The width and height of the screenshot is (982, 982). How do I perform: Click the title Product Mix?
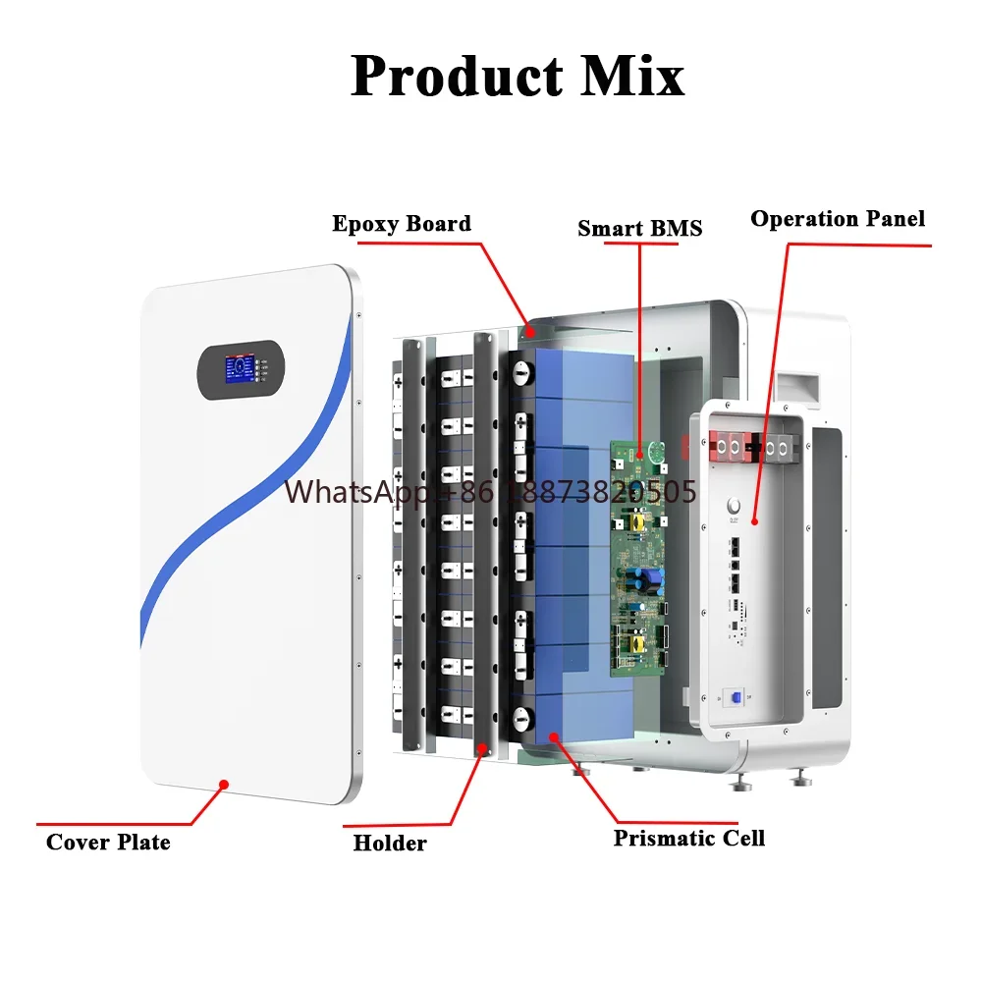tap(518, 76)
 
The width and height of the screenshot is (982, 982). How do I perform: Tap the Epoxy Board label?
tap(402, 224)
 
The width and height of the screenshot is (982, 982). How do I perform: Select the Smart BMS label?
tap(639, 228)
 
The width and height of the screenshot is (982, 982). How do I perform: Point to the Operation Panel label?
tap(838, 219)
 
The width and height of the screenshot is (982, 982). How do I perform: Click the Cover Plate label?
tap(108, 842)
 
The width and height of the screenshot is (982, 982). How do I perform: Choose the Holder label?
tap(390, 843)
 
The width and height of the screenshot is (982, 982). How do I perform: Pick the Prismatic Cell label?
tap(689, 838)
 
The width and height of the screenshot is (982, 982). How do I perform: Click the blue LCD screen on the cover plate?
tap(240, 369)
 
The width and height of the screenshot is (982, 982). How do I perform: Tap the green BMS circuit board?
tap(638, 558)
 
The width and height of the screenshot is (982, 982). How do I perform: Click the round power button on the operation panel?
tap(734, 505)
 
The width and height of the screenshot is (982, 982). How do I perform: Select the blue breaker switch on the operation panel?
tap(736, 697)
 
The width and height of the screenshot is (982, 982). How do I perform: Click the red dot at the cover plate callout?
tap(224, 784)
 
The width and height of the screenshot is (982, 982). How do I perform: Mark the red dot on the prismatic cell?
tap(554, 737)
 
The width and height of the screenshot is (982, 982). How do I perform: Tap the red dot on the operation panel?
tap(754, 521)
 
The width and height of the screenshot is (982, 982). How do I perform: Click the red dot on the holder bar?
tap(481, 747)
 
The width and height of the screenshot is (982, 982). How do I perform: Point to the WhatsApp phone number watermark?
tap(490, 492)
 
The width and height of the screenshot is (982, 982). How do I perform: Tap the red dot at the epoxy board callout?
tap(530, 333)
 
